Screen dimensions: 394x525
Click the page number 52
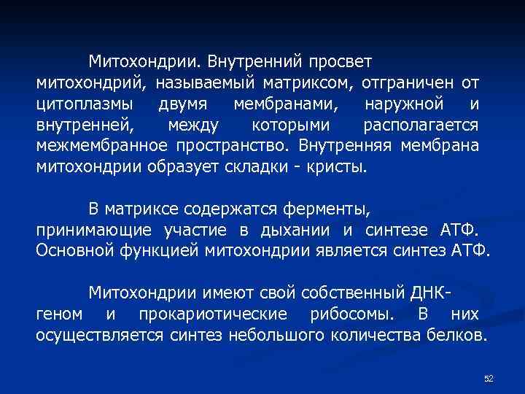point(489,378)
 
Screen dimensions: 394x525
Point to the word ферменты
point(329,210)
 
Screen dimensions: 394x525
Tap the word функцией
point(152,252)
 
